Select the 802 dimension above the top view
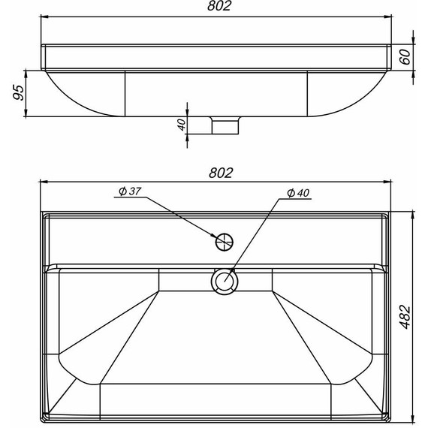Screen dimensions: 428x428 (219, 173)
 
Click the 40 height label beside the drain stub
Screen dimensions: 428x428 (181, 125)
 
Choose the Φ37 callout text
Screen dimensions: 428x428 (129, 191)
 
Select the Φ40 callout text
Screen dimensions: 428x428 (298, 193)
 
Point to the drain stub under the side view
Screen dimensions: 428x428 (224, 125)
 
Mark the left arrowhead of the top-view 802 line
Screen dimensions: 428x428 (44, 182)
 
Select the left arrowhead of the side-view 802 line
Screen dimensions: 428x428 (44, 17)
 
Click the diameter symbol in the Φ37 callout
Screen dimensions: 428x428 (121, 191)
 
